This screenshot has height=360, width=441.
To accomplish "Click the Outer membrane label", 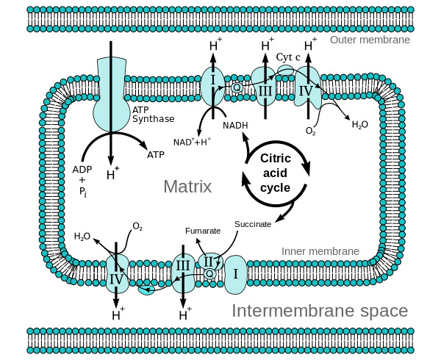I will point(370,40).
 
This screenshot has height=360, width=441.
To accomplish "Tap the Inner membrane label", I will point(320,251).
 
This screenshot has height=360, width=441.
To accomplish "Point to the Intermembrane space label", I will point(320,311).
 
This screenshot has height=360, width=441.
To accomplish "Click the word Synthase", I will point(153,119).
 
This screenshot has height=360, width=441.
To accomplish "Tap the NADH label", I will point(235,125).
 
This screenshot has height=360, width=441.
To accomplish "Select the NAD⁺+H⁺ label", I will point(193,141).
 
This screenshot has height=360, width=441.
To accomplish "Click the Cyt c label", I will point(289,57).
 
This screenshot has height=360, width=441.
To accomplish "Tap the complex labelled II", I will point(208,260).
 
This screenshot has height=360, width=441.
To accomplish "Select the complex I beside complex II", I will point(236,273).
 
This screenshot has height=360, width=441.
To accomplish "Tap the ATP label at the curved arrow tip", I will point(156,155).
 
